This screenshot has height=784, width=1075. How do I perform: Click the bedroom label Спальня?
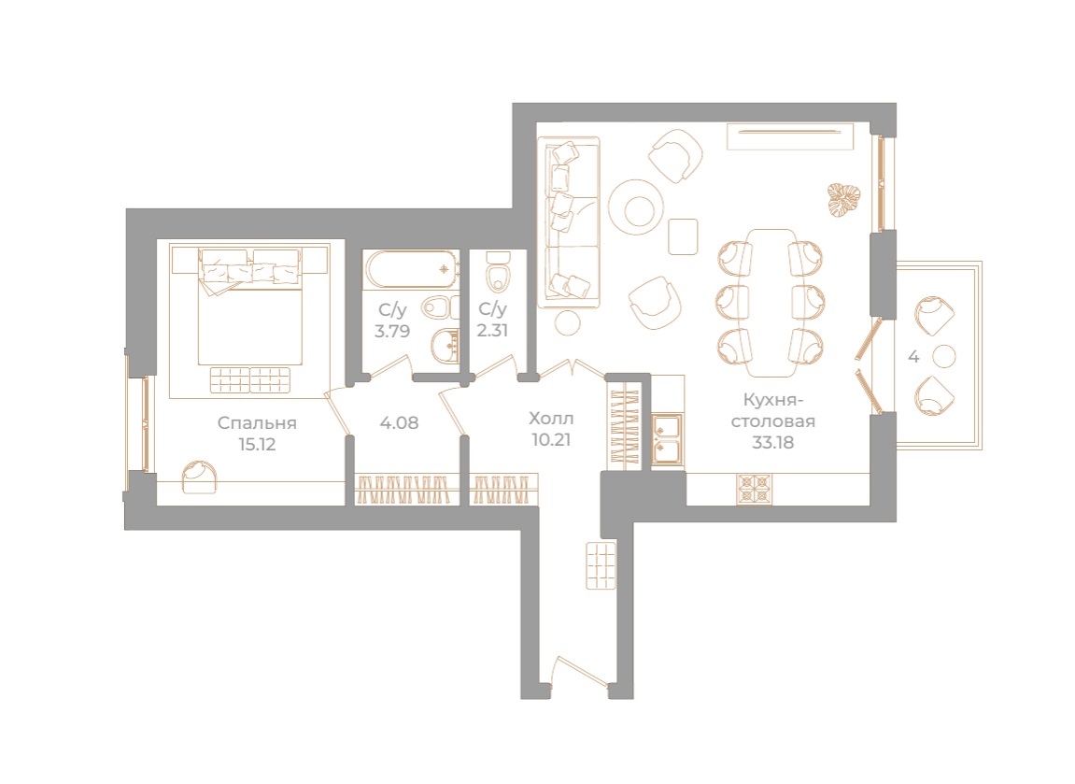tap(257, 423)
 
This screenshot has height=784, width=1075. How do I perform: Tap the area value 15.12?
tap(257, 445)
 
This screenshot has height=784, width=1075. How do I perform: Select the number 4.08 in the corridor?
tap(399, 422)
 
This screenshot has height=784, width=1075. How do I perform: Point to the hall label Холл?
tap(551, 419)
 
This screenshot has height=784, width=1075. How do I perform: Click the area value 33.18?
tap(772, 442)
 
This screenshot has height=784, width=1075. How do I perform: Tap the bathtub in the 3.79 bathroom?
tap(411, 269)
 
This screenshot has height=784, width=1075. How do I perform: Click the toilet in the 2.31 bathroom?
tap(498, 272)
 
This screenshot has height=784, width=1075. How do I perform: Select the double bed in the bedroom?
tap(249, 306)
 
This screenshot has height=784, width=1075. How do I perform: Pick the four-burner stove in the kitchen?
tap(754, 490)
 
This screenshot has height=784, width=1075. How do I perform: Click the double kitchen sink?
tap(667, 440)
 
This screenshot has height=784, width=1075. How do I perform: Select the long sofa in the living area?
tap(569, 221)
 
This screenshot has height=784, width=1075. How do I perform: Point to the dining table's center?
tap(771, 303)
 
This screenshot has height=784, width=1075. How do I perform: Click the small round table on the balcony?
tap(944, 356)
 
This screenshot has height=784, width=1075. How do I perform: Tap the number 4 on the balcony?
tap(913, 357)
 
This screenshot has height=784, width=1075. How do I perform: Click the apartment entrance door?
tap(580, 671)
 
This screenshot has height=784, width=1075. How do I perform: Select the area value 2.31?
tap(492, 330)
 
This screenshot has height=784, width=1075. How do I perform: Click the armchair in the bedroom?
tap(200, 476)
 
